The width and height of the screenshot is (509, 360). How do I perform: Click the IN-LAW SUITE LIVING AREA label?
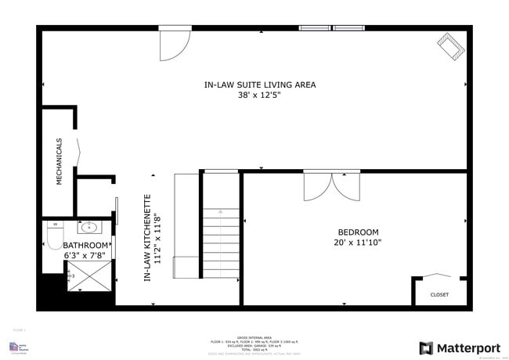pyautogui.click(x=259, y=85)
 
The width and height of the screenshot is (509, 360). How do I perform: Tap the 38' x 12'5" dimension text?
pyautogui.click(x=259, y=95)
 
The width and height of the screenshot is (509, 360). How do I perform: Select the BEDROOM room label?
pyautogui.click(x=358, y=232)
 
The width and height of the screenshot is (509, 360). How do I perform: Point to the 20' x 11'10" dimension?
pyautogui.click(x=358, y=243)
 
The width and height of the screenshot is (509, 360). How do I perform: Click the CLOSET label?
pyautogui.click(x=439, y=294)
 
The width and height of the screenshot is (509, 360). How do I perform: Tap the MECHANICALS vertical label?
pyautogui.click(x=59, y=161)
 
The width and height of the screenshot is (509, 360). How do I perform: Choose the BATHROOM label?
pyautogui.click(x=86, y=245)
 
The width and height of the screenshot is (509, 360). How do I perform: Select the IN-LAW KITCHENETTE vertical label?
pyautogui.click(x=146, y=238)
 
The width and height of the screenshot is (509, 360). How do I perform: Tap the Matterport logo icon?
pyautogui.click(x=427, y=347)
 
